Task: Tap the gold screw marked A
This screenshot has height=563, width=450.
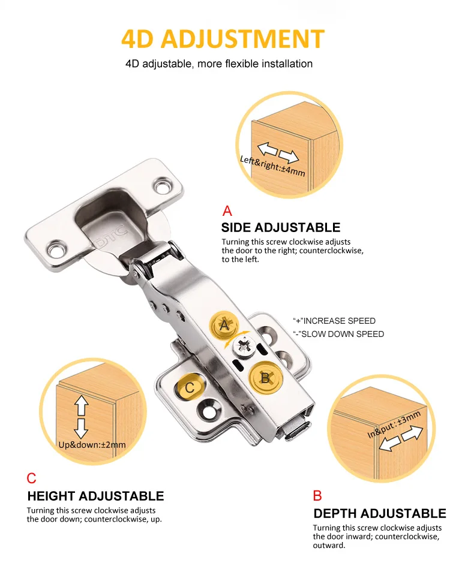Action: (224, 326)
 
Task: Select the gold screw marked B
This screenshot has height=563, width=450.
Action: (263, 377)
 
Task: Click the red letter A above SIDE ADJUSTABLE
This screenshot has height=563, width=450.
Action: (227, 211)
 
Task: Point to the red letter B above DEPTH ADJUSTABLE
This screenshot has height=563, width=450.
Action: (317, 496)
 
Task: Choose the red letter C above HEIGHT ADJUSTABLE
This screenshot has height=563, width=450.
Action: (32, 478)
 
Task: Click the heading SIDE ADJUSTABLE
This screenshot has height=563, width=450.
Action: (280, 228)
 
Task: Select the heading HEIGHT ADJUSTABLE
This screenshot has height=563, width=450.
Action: (95, 496)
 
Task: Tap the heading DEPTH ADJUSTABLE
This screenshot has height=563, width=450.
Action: (379, 514)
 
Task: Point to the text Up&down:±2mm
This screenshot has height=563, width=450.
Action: (92, 445)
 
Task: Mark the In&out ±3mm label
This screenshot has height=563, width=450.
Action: (394, 424)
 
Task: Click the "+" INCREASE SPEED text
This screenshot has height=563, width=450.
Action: (334, 321)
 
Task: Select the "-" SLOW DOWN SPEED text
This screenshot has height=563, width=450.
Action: (338, 334)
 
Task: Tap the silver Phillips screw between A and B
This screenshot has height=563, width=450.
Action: (245, 345)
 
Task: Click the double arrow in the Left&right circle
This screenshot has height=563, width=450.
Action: (277, 152)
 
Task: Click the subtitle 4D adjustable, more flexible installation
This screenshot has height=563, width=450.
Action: (219, 64)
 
